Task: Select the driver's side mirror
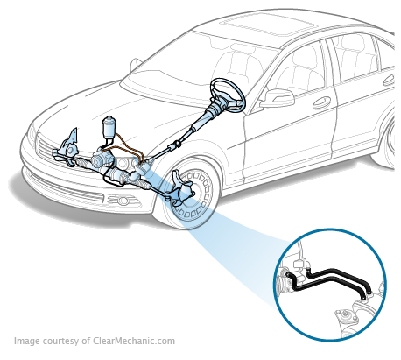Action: point(278,97)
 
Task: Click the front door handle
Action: point(321,102)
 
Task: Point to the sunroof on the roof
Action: point(268,24)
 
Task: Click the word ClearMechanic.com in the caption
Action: point(134,341)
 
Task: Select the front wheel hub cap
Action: point(194,195)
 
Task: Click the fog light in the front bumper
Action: point(122,201)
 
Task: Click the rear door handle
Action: point(390,80)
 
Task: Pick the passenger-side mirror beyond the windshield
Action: point(136,65)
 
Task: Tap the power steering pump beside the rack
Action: point(100,159)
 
